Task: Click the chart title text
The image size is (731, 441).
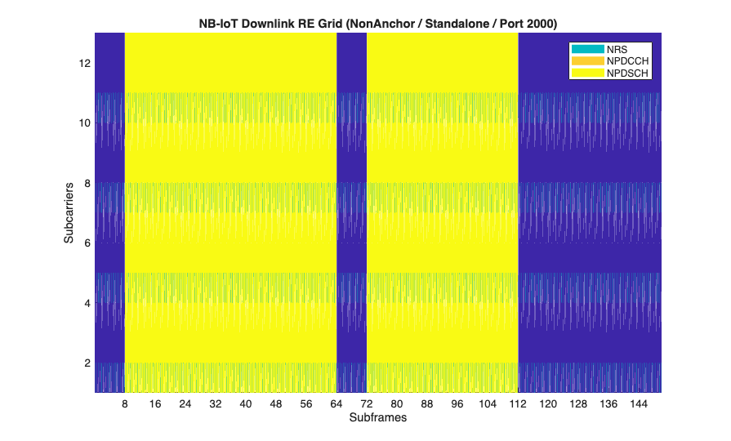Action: [x=377, y=24]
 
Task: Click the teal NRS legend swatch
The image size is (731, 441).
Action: [x=586, y=49]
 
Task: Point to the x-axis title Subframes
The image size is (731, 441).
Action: [x=377, y=418]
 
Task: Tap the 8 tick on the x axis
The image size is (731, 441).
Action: [x=124, y=404]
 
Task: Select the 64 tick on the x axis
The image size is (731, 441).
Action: [x=337, y=404]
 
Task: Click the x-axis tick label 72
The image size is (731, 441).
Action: [x=367, y=404]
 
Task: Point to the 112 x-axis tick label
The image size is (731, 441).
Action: [x=518, y=404]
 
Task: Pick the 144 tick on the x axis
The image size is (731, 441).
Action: [x=639, y=404]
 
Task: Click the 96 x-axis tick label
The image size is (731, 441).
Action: [x=457, y=404]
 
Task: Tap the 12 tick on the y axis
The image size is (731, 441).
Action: [x=84, y=63]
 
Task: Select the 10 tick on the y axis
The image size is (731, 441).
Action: [x=84, y=122]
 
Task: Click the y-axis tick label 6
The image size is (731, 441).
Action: [x=87, y=243]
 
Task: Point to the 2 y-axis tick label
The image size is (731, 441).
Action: [x=87, y=363]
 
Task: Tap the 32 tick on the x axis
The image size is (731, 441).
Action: [x=216, y=404]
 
